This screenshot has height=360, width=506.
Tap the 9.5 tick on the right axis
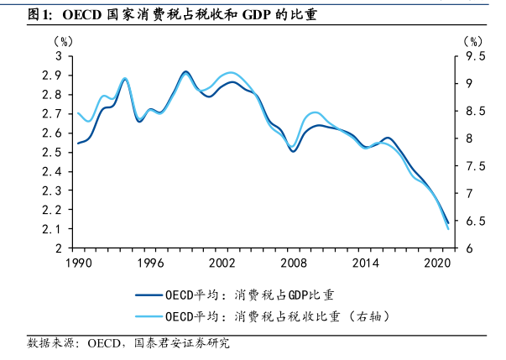pyautogui.click(x=476, y=56)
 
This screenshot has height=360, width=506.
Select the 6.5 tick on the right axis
pyautogui.click(x=476, y=222)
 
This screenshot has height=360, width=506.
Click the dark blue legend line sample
pyautogui.click(x=149, y=295)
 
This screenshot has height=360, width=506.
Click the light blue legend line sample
pyautogui.click(x=149, y=316)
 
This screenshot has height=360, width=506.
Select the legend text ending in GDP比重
pyautogui.click(x=249, y=295)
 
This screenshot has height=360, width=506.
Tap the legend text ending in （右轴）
pyautogui.click(x=277, y=316)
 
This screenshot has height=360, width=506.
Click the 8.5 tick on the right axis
pyautogui.click(x=476, y=112)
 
